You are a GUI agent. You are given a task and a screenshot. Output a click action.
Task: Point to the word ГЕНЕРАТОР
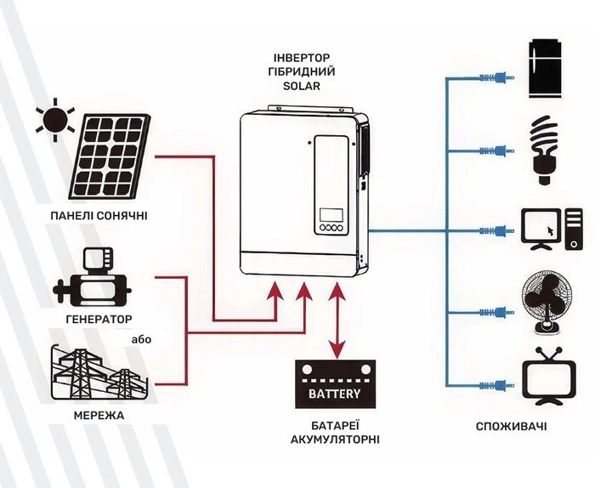coord(99,321)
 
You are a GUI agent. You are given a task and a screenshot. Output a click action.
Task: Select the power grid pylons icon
coord(99,373)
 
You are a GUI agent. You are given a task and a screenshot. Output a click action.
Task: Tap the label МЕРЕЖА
coord(99,416)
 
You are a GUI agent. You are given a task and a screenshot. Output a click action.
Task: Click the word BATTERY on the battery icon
coord(335,394)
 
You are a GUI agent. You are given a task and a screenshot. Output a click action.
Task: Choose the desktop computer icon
coord(553,230)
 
